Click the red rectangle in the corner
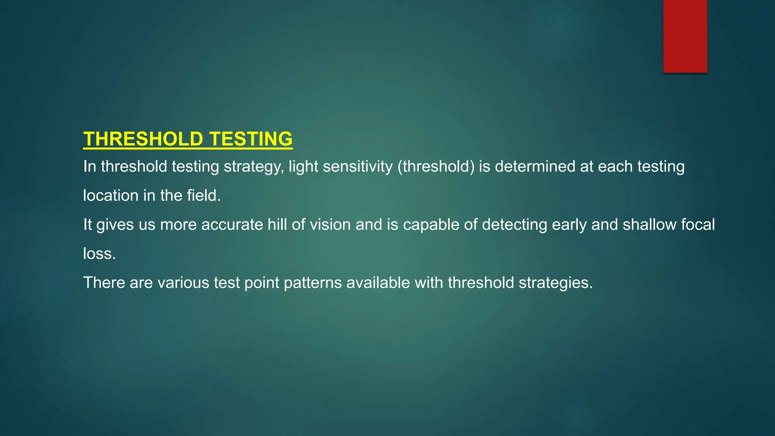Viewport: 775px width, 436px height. [x=685, y=36]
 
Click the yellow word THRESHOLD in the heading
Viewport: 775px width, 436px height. [x=143, y=139]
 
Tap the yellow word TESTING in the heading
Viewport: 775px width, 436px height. [x=251, y=139]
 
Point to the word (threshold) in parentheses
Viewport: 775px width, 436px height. [x=436, y=167]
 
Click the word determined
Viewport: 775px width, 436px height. [x=535, y=167]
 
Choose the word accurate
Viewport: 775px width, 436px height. [x=232, y=225]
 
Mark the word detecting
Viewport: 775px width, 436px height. [x=514, y=225]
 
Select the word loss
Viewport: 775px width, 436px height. [x=99, y=254]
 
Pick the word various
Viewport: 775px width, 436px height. [x=183, y=283]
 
